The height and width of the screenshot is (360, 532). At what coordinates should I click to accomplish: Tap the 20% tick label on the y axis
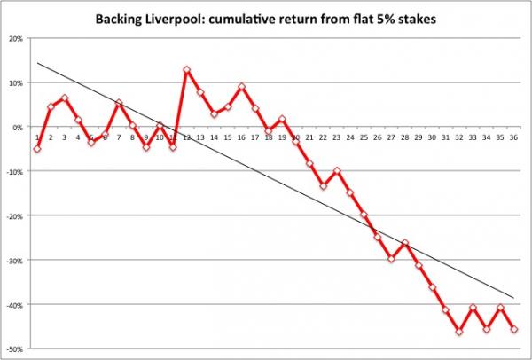[x=17, y=39]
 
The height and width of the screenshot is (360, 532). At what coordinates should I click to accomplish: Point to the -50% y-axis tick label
[x=15, y=349]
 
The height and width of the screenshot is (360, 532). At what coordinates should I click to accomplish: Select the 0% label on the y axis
[x=19, y=128]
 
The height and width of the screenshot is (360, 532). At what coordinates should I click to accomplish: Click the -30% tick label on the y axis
[x=15, y=261]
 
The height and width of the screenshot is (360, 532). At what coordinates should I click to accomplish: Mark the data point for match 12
[x=187, y=69]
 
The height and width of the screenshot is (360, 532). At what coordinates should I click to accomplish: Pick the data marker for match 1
[x=37, y=149]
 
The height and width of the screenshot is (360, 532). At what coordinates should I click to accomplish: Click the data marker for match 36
[x=516, y=329]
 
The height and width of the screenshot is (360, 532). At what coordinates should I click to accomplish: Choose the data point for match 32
[x=459, y=332]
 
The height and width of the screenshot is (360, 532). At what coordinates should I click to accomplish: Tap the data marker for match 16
[x=241, y=87]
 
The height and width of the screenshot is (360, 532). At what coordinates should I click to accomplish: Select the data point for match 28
[x=405, y=242]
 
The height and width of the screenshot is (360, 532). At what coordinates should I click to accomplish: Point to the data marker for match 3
[x=65, y=98]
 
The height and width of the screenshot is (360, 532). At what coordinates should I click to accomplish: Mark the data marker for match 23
[x=337, y=170]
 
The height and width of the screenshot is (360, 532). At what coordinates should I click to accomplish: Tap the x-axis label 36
[x=516, y=137]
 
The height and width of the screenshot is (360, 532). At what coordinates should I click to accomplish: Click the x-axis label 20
[x=296, y=137]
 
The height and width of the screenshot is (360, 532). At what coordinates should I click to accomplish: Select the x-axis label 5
[x=91, y=137]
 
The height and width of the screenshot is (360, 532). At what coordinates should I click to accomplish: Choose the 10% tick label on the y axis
[x=17, y=83]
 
